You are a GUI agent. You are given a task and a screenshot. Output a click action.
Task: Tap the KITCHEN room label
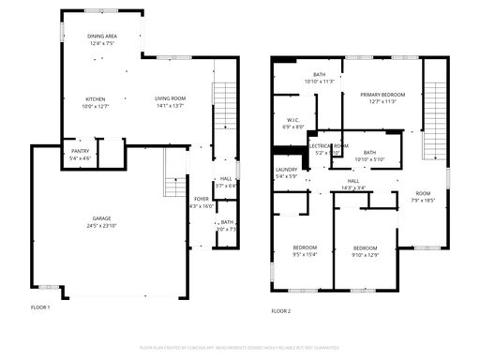tap(96, 98)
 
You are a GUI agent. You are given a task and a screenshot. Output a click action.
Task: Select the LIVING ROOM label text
tap(171, 98)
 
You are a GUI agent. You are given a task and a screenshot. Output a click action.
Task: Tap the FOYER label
tap(202, 199)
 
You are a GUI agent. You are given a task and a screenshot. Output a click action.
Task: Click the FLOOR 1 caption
tap(40, 307)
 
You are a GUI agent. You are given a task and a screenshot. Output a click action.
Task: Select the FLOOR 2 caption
tap(281, 310)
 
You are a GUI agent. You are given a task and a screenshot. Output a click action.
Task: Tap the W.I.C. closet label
tap(293, 119)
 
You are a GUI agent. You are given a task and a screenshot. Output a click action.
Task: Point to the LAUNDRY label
tap(286, 170)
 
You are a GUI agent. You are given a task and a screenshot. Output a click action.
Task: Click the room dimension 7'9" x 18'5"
tap(423, 200)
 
